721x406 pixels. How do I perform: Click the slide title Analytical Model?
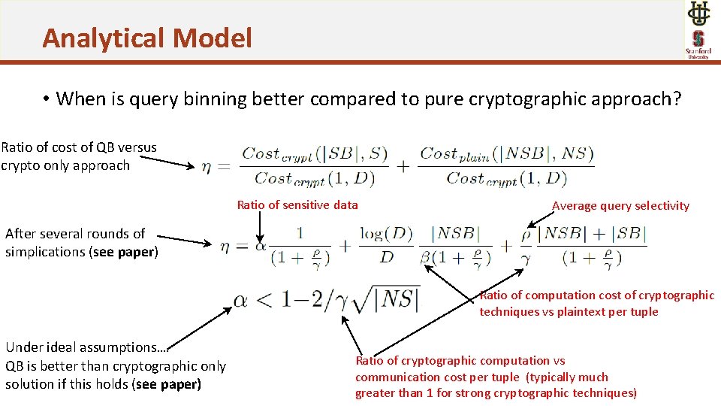[x=147, y=38]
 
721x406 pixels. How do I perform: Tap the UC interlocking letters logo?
[x=698, y=14]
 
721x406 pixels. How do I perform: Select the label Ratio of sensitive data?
[x=297, y=205]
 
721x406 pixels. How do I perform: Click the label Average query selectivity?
[x=620, y=205]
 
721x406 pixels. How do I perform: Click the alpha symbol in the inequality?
[x=240, y=301]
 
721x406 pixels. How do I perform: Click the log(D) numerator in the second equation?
[x=386, y=234]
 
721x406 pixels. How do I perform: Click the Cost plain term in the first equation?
[x=454, y=154]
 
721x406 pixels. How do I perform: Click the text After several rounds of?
[x=75, y=234]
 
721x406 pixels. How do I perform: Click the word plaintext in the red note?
[x=592, y=311]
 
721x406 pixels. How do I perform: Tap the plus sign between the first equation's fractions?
[x=403, y=167]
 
